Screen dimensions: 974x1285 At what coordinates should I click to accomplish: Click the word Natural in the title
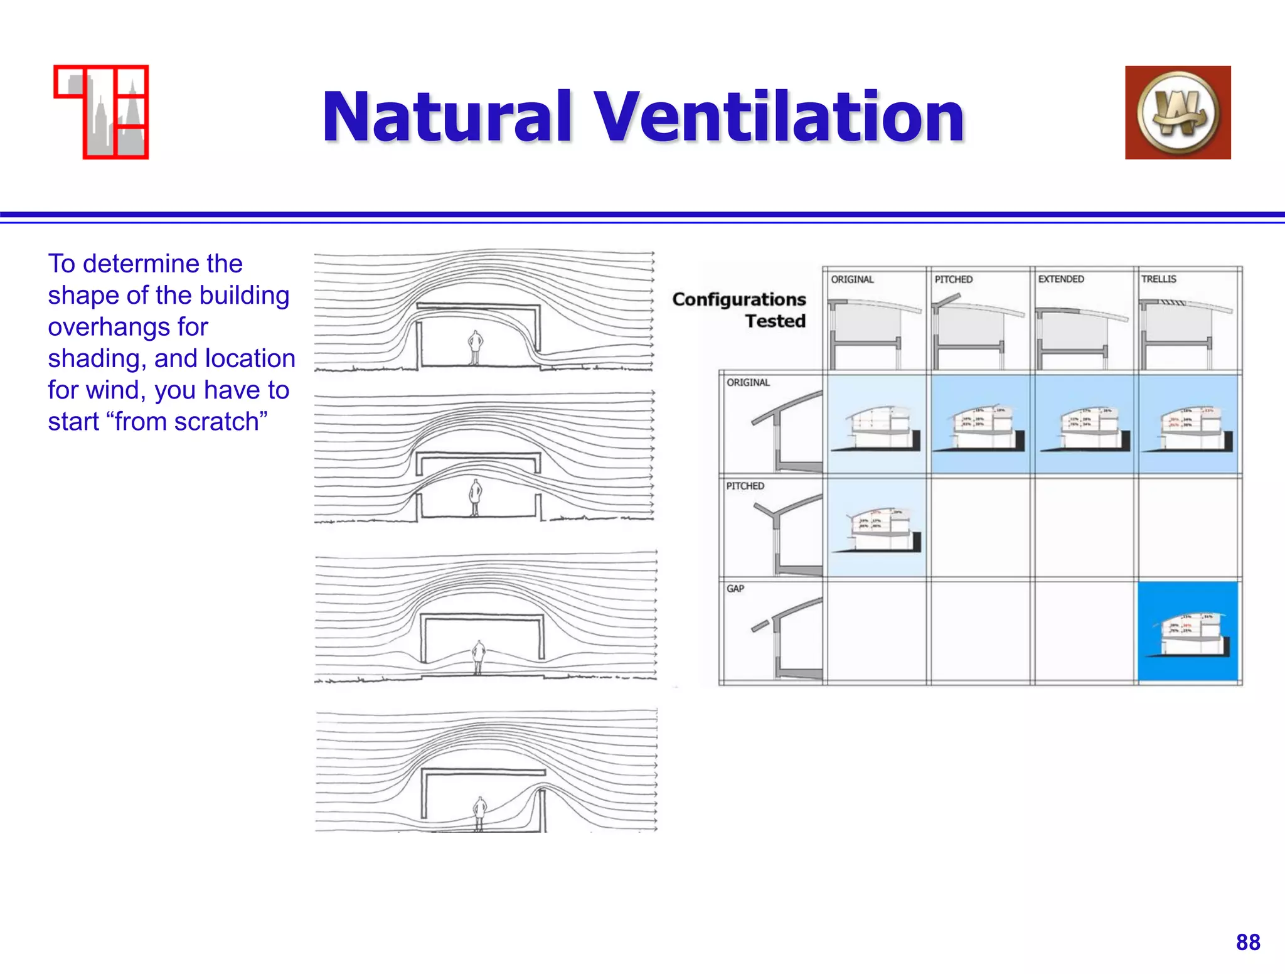[447, 117]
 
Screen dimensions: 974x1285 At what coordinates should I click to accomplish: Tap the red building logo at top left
[102, 112]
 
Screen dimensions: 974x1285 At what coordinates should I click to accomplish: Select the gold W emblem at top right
[1178, 112]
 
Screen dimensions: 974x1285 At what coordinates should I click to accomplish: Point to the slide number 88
[1248, 942]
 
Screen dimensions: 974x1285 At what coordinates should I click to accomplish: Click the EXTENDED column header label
[1061, 279]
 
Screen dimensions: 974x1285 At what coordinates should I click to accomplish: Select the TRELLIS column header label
[1159, 279]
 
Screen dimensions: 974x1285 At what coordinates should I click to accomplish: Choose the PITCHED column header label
[954, 279]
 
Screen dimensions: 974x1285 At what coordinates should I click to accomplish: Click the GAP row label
[735, 589]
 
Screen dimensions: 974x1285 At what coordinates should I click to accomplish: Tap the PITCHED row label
[745, 486]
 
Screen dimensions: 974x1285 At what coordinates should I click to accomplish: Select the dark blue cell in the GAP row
[1188, 631]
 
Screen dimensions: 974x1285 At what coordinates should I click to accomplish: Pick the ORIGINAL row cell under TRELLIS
[1188, 424]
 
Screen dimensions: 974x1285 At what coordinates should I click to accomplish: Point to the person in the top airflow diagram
[476, 347]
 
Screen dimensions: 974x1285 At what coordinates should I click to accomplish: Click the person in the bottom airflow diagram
[480, 813]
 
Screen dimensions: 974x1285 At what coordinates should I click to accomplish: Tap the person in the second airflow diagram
[476, 497]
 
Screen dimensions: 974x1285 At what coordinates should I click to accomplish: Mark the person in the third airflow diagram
[479, 656]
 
